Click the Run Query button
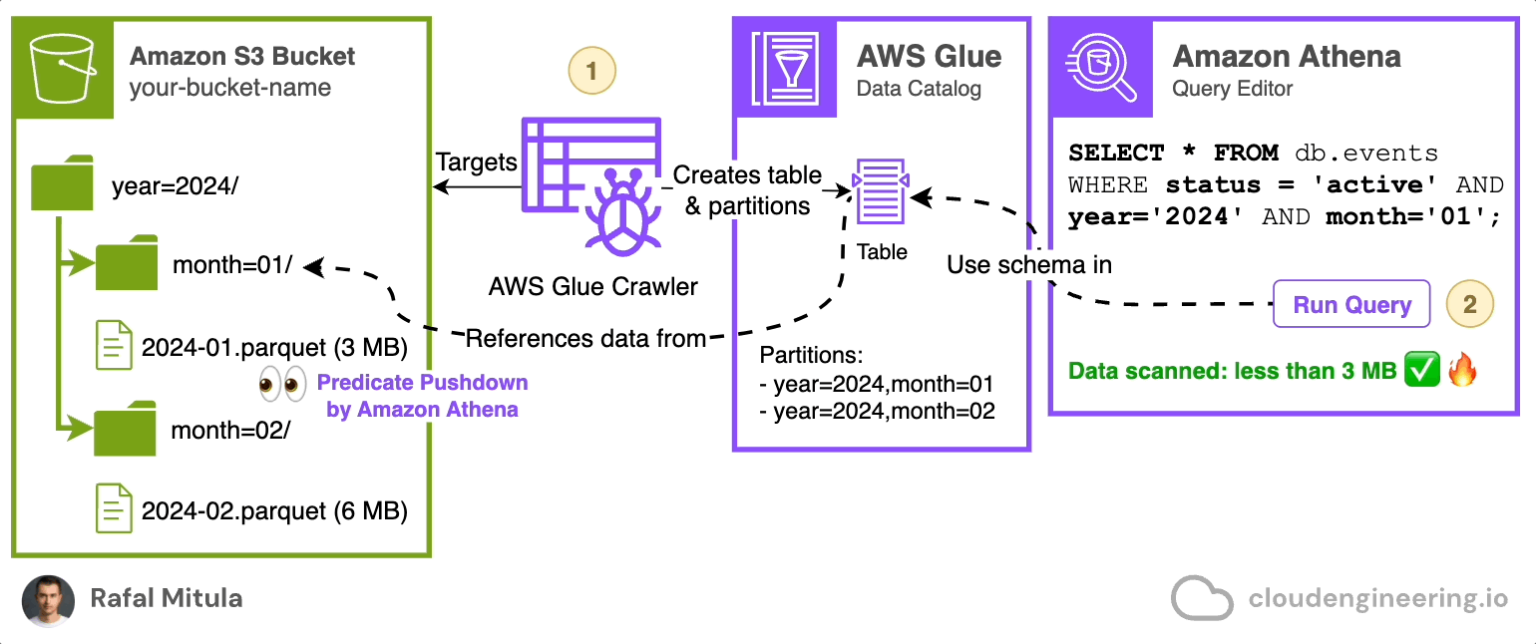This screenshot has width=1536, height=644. coord(1351,305)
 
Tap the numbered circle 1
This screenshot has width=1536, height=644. coord(592,72)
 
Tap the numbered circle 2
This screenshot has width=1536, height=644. coord(1470,304)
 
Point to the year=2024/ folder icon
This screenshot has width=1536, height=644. coord(62,183)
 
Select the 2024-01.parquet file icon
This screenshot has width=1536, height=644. coord(114,345)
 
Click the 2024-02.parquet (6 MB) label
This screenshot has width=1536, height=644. coord(274,510)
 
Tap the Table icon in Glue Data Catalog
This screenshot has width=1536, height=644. coord(879,191)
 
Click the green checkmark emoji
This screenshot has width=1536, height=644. coord(1420,372)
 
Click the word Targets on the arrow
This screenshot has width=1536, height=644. coord(477,161)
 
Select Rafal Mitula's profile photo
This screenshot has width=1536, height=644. coord(48,600)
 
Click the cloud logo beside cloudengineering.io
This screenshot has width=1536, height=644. coord(1203,598)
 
